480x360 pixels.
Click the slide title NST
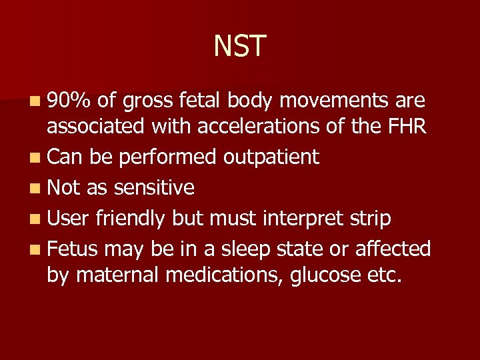[x=240, y=47]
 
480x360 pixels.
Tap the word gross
[x=153, y=101]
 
